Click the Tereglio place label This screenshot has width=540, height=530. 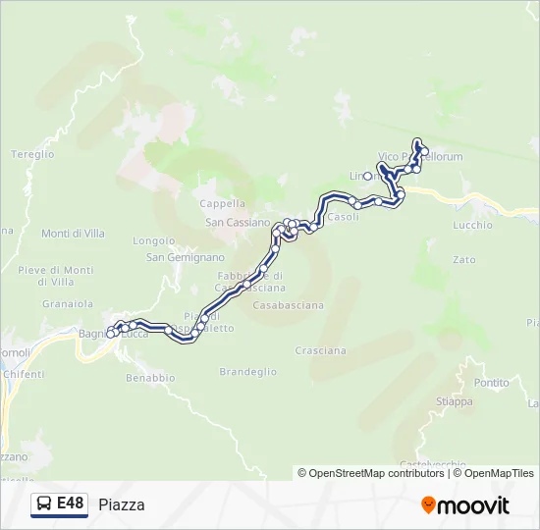tap(32, 154)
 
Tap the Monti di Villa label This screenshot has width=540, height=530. tap(74, 234)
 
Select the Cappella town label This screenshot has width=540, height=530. tap(222, 204)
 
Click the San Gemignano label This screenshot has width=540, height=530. tap(186, 257)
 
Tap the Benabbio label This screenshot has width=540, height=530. tap(150, 377)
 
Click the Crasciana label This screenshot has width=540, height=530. tap(320, 350)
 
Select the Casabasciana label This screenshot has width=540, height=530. tap(288, 305)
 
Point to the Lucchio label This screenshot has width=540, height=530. tap(473, 225)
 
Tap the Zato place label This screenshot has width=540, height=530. tap(464, 260)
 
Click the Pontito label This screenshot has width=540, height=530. tap(491, 383)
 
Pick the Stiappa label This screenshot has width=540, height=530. tap(454, 401)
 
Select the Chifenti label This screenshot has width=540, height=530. tap(25, 374)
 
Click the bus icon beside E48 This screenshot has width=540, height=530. tap(44, 504)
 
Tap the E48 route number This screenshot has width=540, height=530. tap(70, 503)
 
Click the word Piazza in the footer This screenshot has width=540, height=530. tap(122, 505)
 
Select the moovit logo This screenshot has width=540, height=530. tap(465, 505)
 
